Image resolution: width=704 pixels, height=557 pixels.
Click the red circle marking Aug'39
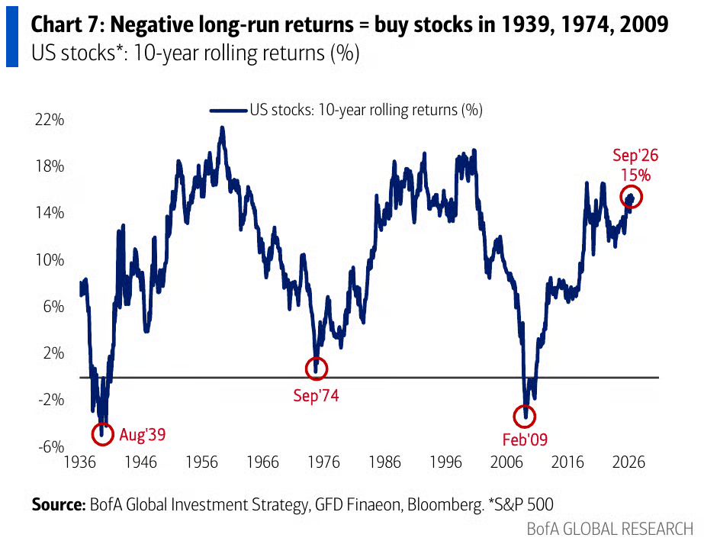(x=92, y=434)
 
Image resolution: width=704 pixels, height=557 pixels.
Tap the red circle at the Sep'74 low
(x=306, y=369)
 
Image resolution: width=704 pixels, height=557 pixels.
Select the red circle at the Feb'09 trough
(x=513, y=417)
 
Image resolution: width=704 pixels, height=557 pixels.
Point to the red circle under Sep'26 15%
(x=621, y=197)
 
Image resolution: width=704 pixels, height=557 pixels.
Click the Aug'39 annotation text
(x=143, y=434)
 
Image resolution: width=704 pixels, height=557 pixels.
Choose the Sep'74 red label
(x=316, y=396)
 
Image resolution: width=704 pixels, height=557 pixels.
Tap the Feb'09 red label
(x=525, y=439)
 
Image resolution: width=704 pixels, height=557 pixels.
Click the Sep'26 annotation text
(x=635, y=156)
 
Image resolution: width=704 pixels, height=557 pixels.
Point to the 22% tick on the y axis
(x=50, y=120)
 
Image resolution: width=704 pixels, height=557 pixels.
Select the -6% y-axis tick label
(x=51, y=447)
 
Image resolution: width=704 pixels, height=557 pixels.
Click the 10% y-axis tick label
(x=50, y=260)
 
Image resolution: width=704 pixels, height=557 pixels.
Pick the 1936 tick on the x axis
(x=80, y=462)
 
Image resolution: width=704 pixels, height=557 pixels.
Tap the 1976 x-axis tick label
(x=323, y=462)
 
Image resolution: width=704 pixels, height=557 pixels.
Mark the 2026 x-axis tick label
(x=628, y=462)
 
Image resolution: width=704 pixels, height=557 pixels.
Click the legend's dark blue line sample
(x=229, y=111)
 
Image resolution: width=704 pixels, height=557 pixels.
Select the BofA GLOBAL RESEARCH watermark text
(x=610, y=530)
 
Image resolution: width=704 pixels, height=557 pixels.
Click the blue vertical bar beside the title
(x=12, y=37)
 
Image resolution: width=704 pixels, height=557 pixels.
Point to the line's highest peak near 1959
(x=222, y=127)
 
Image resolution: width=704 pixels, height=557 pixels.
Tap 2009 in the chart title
(x=644, y=24)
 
